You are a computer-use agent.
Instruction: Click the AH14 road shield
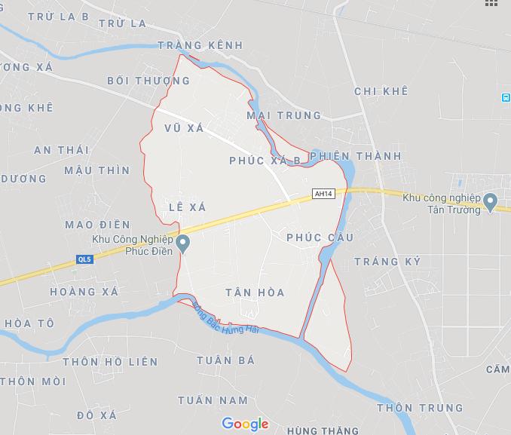pos(323,194)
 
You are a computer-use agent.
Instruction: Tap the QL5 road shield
pos(84,259)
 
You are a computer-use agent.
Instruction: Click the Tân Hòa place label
pos(255,292)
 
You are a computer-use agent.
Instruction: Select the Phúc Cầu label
pos(320,237)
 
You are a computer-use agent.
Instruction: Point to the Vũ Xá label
pos(184,129)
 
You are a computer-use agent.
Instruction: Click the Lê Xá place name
pos(188,206)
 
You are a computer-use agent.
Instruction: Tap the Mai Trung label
pos(283,115)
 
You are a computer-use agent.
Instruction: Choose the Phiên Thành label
pos(356,156)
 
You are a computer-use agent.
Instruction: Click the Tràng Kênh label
pos(200,45)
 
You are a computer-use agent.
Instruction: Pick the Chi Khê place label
pos(381,91)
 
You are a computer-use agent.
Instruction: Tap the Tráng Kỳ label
pos(387,261)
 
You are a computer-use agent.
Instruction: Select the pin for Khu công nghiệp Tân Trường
pos(490,202)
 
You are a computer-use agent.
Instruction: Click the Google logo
pos(245,424)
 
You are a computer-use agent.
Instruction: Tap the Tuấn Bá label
pos(226,360)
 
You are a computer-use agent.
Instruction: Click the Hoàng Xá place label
pos(84,292)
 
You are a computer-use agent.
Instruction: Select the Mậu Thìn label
pos(96,170)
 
